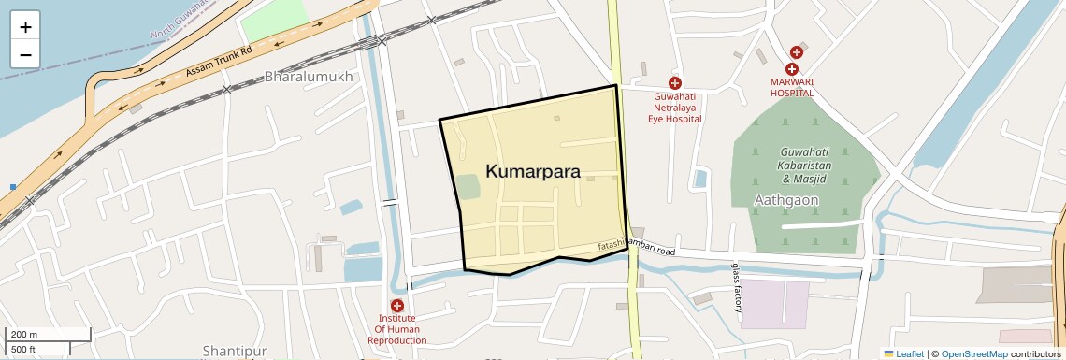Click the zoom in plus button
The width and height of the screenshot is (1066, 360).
25,27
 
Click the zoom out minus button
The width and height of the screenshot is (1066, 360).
25,54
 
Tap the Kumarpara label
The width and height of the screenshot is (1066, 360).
533,172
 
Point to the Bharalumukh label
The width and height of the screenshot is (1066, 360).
309,77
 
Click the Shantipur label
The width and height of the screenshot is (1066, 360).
235,351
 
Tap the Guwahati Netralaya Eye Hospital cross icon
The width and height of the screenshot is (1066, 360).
674,83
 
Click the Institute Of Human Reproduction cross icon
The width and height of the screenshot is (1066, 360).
397,306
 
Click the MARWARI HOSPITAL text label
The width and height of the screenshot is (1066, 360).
791,93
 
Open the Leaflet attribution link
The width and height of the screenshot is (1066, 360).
904,353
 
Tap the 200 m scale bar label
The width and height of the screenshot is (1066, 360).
24,335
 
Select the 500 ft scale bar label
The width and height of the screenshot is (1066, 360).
23,350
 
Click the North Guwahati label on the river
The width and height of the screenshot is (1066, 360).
178,23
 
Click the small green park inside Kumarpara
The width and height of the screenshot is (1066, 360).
468,186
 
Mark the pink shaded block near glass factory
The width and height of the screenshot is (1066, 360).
774,303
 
